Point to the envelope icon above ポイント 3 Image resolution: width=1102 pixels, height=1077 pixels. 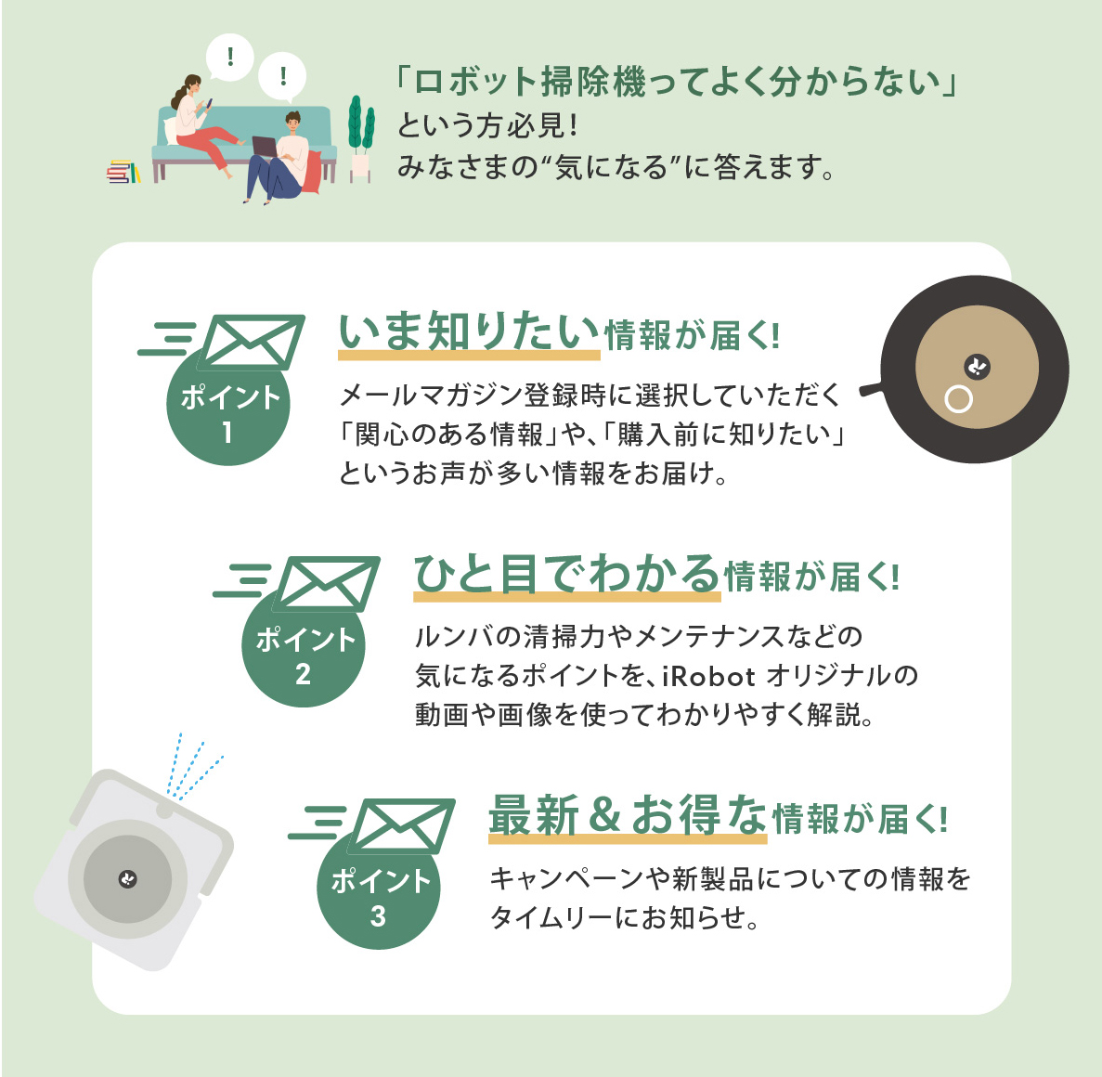click(x=402, y=825)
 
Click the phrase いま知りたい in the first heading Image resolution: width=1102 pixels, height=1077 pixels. click(x=469, y=333)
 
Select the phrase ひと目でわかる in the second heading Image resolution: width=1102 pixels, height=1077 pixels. click(x=566, y=575)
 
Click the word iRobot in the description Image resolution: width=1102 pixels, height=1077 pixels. click(x=708, y=676)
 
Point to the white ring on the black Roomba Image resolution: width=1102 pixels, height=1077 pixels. click(x=958, y=399)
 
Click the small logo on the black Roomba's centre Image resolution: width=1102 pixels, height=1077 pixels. click(x=977, y=367)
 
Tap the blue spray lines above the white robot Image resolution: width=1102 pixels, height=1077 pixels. click(x=193, y=767)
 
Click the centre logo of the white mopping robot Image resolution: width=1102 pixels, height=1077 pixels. click(x=128, y=879)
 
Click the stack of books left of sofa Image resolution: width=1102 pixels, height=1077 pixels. click(x=123, y=172)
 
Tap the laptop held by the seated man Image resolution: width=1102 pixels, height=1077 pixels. click(x=265, y=147)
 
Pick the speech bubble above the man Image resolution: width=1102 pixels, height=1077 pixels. click(x=283, y=77)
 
